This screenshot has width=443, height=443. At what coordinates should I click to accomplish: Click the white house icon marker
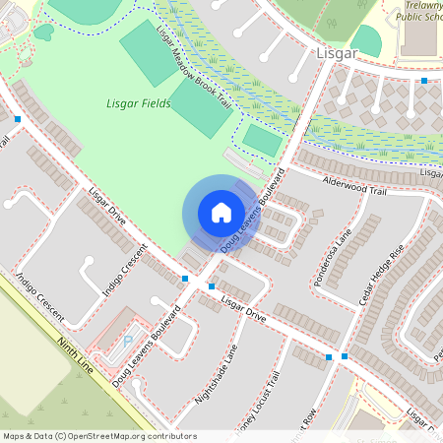221,213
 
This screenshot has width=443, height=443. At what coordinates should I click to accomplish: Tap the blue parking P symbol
127,341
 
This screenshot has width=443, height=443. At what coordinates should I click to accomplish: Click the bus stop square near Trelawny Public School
424,81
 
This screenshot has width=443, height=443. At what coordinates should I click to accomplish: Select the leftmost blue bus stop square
18,119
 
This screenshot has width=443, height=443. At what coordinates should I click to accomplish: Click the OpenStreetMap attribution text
98,435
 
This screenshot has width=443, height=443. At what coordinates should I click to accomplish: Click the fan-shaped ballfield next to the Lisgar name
366,40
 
